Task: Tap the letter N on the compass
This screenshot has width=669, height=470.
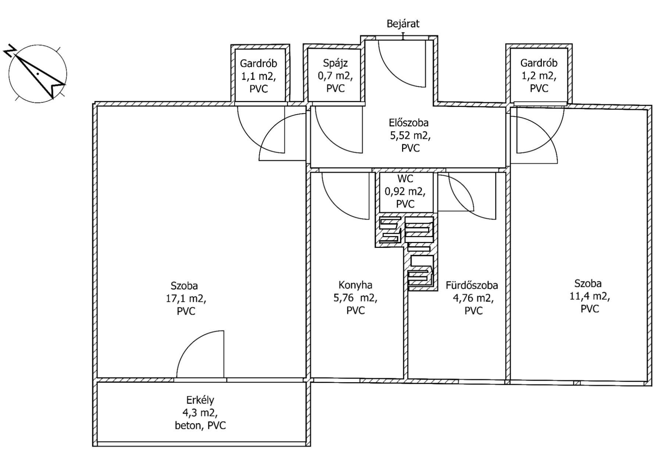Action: tap(10, 51)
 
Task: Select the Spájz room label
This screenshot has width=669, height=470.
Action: tap(335, 63)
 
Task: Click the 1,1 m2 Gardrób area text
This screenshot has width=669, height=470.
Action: tap(258, 76)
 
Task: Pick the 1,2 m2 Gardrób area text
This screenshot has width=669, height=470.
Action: tap(539, 76)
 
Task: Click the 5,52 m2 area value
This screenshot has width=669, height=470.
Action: tap(410, 135)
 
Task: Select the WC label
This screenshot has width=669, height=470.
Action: tap(405, 179)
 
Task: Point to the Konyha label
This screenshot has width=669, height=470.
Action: tap(355, 285)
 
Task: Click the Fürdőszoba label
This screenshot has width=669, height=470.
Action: tap(472, 285)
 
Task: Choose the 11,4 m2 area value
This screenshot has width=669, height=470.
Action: tap(590, 296)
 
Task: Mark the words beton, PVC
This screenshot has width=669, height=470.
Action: tap(200, 426)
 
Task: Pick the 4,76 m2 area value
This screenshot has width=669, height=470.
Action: tap(473, 298)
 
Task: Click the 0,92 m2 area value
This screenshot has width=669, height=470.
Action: tap(405, 191)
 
